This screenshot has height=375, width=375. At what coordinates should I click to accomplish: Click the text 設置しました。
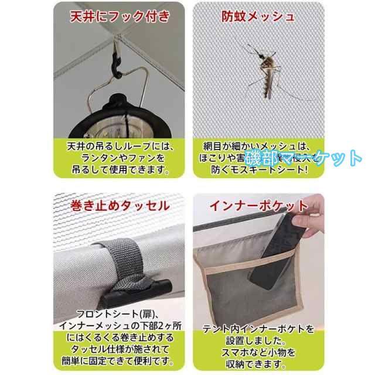[x=259, y=339]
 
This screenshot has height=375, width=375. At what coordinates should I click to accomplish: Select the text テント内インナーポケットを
[x=259, y=327]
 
